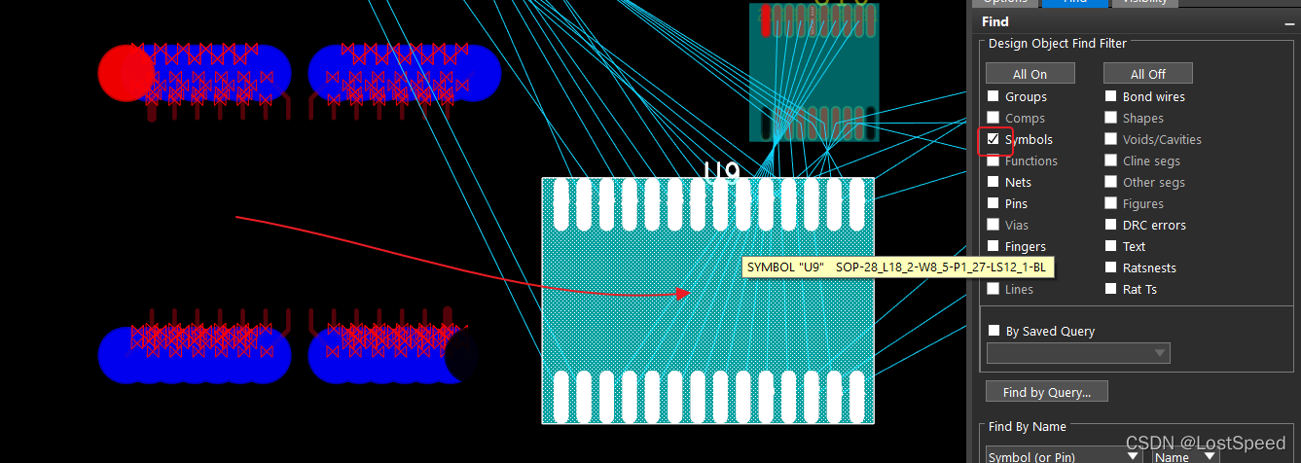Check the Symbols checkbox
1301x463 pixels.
point(994,139)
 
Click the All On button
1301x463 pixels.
point(1030,74)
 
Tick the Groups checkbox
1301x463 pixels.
point(994,96)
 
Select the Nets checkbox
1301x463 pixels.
point(994,182)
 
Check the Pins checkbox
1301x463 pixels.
point(994,203)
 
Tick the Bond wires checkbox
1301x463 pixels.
point(1111,96)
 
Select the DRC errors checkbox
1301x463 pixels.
point(1111,225)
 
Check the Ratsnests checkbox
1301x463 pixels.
point(1111,267)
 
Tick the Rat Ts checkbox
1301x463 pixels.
point(1111,289)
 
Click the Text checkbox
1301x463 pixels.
point(1111,246)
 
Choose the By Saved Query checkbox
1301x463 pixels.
point(994,331)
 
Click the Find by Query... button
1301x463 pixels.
point(1046,392)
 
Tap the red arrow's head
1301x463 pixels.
point(686,293)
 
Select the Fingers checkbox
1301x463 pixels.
point(994,246)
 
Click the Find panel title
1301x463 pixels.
point(994,21)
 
